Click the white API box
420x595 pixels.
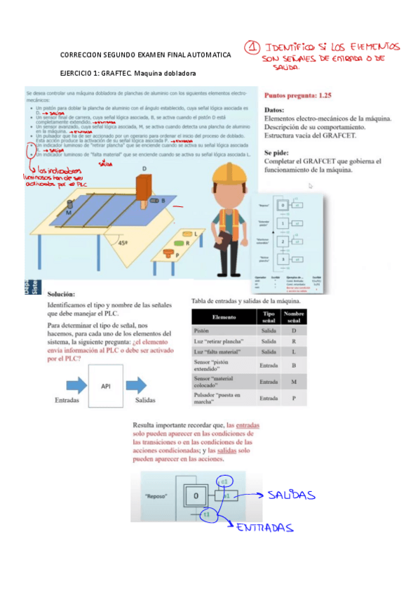click(x=106, y=386)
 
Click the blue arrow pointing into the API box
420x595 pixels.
click(x=70, y=386)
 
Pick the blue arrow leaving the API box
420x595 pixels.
click(x=143, y=386)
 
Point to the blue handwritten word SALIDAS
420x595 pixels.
click(x=292, y=495)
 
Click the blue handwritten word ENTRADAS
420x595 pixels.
click(x=264, y=528)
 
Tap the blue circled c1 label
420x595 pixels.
click(x=224, y=483)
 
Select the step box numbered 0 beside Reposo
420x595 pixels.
click(x=196, y=497)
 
